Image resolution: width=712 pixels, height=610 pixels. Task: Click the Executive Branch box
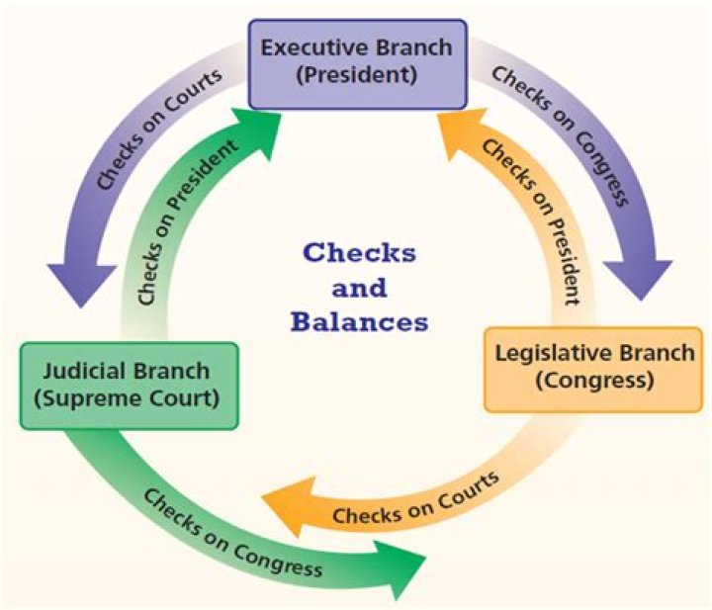357,62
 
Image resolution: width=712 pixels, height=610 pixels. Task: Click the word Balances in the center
365,321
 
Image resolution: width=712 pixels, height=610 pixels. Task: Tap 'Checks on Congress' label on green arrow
233,533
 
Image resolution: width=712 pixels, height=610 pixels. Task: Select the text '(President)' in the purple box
357,76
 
